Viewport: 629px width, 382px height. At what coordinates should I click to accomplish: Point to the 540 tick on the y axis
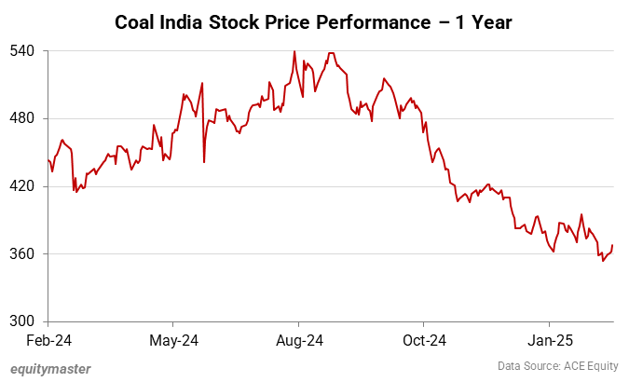coord(22,50)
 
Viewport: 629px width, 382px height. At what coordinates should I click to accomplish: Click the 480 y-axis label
coord(22,118)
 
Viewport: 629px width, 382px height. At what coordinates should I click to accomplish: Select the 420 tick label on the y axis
coord(22,186)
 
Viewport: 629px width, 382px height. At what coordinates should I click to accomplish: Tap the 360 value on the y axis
coord(22,253)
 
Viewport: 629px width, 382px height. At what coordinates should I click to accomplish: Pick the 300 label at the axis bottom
coord(22,321)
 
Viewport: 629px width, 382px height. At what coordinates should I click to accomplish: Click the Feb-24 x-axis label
coord(48,340)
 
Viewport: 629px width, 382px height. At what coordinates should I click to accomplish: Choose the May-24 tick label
coord(174,340)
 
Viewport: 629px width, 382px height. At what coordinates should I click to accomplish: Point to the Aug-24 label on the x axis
coord(300,340)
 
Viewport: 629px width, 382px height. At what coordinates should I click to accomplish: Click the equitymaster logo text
coord(50,368)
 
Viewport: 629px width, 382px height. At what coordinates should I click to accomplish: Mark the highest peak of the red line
coord(294,51)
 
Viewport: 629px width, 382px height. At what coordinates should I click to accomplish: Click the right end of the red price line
coord(612,245)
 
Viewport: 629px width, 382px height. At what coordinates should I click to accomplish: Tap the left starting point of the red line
coord(48,159)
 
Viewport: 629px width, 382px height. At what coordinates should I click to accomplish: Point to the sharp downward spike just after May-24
coord(204,162)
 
